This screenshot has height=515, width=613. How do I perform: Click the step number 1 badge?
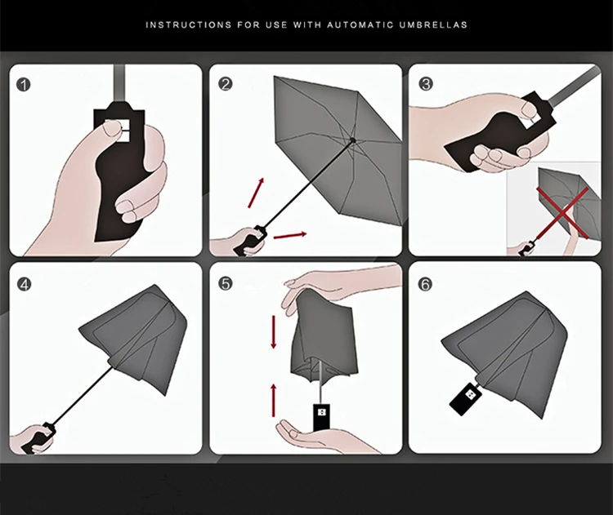(x=24, y=85)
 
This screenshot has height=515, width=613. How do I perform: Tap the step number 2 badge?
(x=226, y=84)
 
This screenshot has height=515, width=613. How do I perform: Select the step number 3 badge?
(x=426, y=84)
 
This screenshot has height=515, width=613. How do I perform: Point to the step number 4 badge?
(x=25, y=285)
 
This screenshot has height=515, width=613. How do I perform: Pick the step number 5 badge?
(x=226, y=284)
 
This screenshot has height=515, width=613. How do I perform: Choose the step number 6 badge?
(x=425, y=284)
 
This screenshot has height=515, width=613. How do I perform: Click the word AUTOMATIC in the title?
(x=360, y=25)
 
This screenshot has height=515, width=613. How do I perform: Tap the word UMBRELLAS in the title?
(x=433, y=25)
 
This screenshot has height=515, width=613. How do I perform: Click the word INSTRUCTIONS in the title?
(x=189, y=25)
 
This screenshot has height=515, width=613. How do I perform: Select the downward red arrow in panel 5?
(x=274, y=332)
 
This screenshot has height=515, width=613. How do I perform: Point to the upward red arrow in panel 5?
(x=274, y=400)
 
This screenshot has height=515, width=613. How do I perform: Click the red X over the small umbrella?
(x=562, y=213)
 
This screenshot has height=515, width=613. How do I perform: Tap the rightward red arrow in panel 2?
(x=290, y=235)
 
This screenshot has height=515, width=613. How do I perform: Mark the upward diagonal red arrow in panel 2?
(x=256, y=193)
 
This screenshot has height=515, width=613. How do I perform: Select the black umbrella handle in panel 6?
(x=467, y=398)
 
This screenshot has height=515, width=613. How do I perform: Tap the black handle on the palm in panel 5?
(x=321, y=418)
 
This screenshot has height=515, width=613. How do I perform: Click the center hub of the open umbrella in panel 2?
(x=353, y=140)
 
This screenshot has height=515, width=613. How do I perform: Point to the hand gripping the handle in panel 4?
(x=29, y=439)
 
